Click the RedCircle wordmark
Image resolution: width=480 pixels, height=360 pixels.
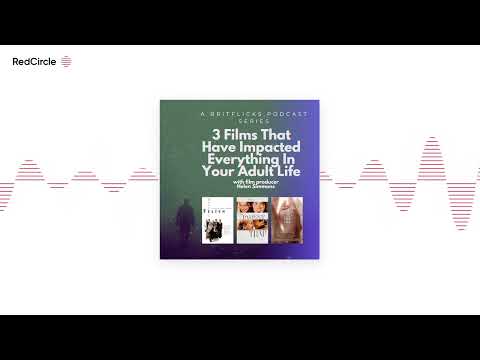33,61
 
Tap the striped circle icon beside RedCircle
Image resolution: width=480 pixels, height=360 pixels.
66,61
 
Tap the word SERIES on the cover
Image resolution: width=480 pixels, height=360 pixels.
240,122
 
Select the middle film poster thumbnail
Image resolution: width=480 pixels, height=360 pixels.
248,221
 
